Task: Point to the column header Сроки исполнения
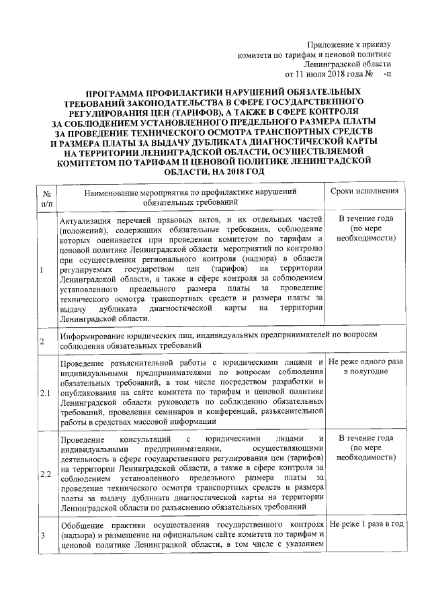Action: click(x=365, y=191)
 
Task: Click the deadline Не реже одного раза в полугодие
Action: click(x=365, y=366)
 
